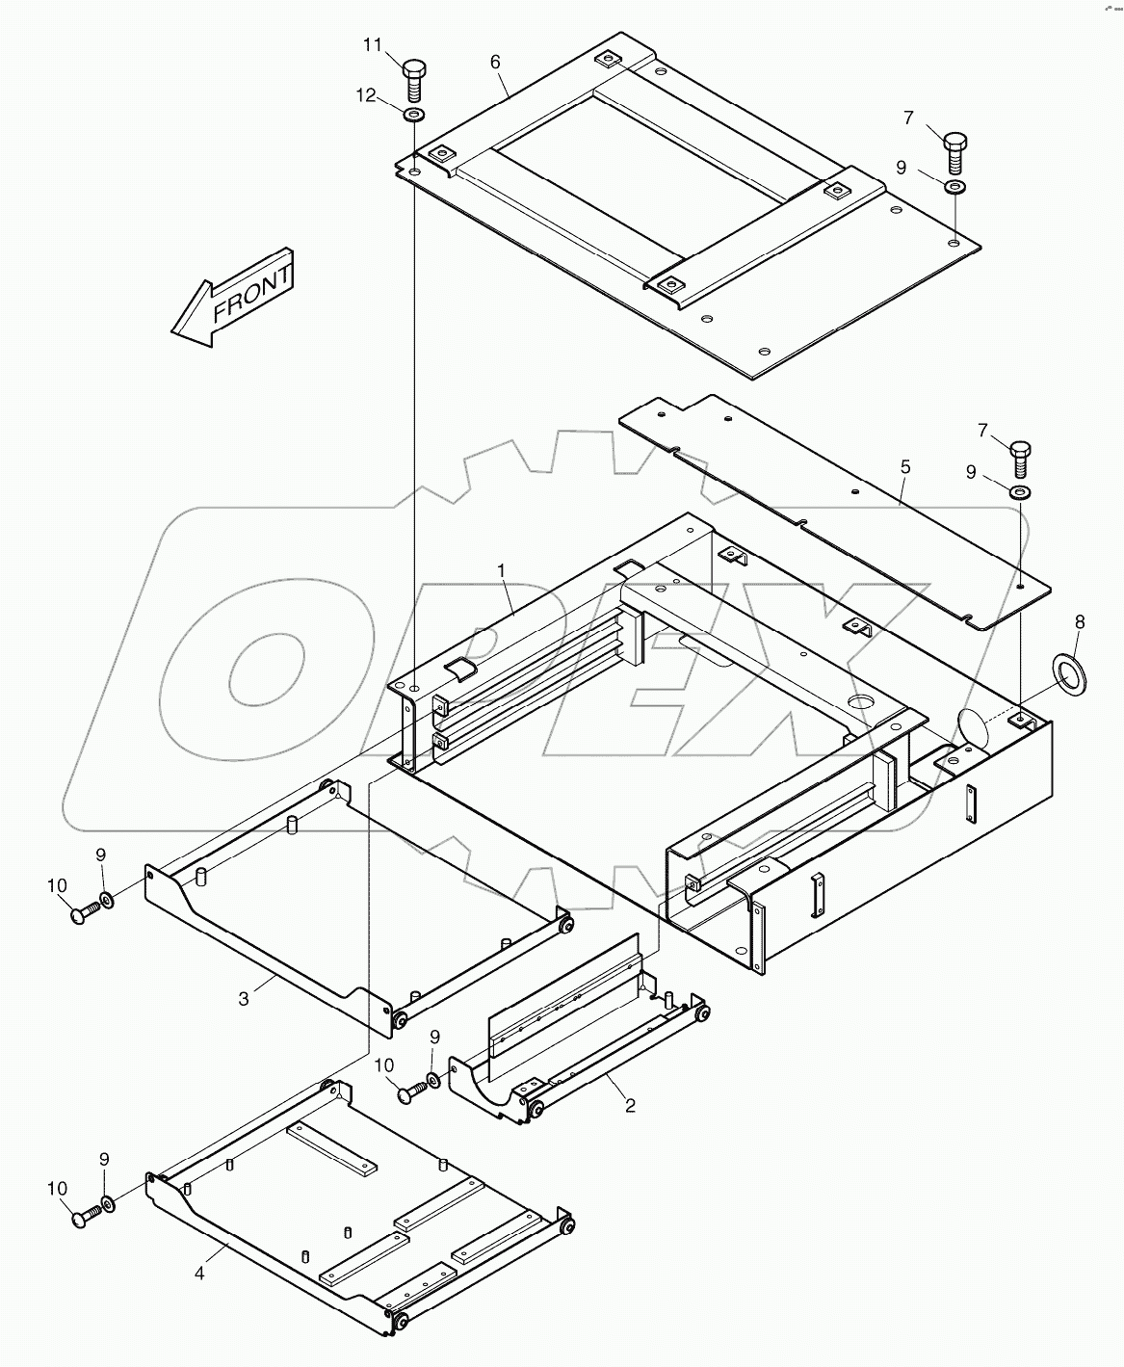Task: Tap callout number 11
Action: coord(373,45)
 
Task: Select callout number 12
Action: coord(365,94)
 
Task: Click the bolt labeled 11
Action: coord(414,78)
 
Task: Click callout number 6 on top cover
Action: coord(495,62)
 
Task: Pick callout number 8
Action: coord(1079,623)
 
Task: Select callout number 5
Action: coord(904,466)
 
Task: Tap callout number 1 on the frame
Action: coord(501,571)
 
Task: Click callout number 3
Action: coord(244,999)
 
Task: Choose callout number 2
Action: coord(630,1105)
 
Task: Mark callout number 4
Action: coord(199,1274)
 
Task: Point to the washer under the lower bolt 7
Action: coord(1021,493)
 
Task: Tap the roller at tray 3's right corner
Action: coord(565,925)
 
